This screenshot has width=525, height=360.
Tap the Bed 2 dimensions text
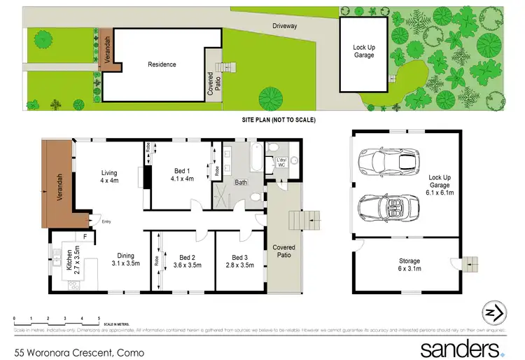(187, 265)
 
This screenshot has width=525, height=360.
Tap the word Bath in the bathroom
(241, 183)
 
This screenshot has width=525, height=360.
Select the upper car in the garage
(388, 162)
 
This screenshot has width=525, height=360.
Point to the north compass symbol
(494, 313)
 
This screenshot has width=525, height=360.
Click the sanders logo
(461, 348)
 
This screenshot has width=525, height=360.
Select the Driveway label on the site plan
(285, 26)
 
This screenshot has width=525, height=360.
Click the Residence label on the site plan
(162, 64)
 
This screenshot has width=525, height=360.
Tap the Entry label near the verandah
(106, 222)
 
